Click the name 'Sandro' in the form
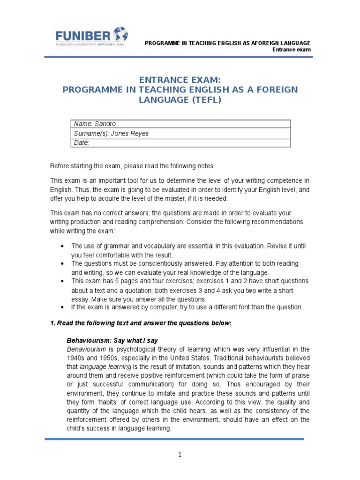105,124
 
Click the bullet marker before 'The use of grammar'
63,246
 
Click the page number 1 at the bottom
180,455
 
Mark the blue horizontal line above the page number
174,439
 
